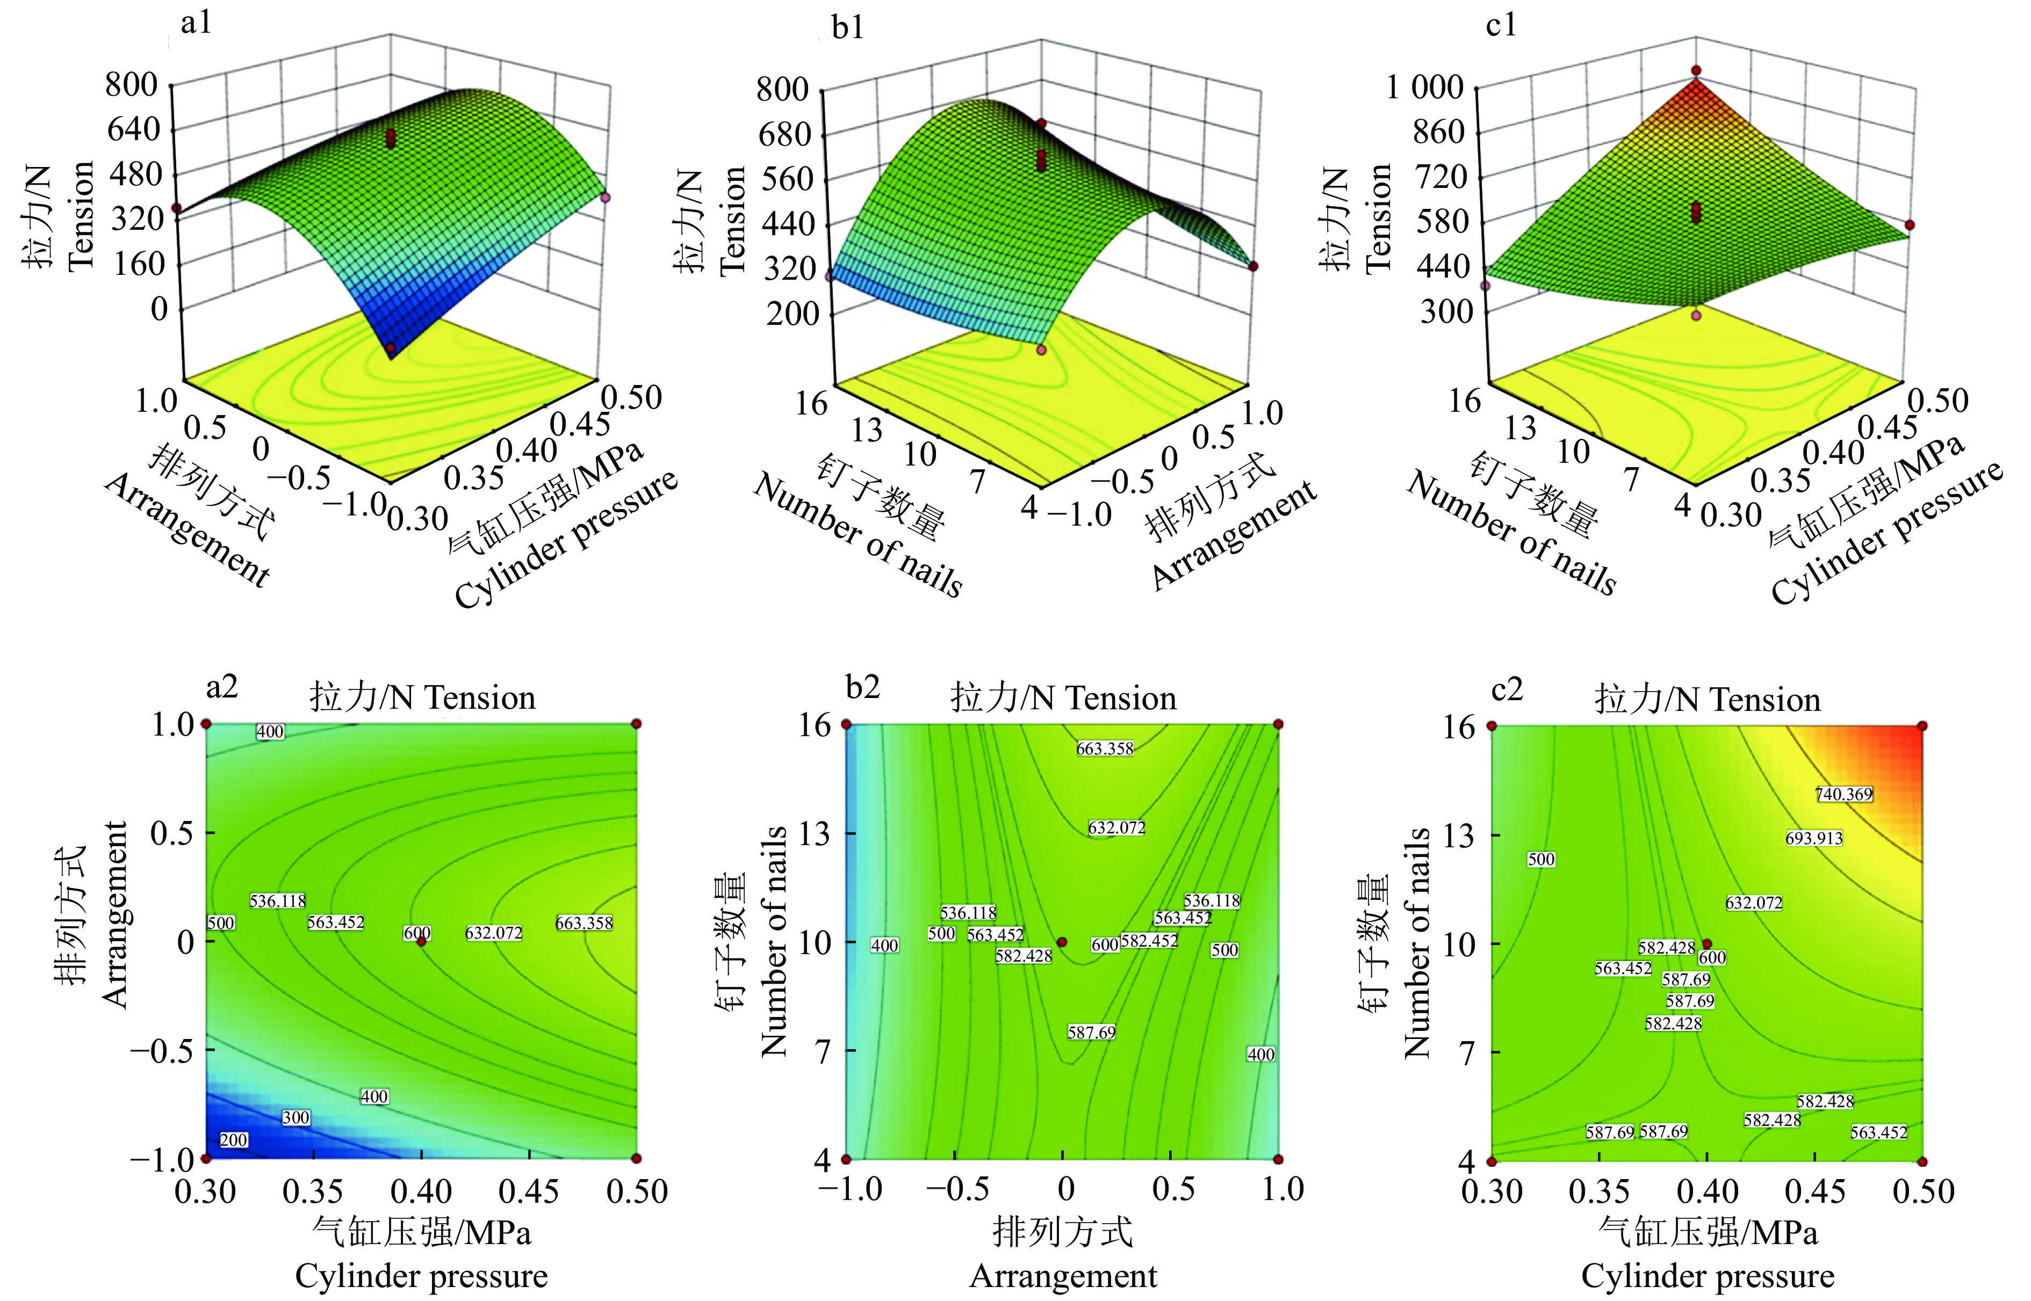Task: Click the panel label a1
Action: (x=196, y=23)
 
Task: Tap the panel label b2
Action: (x=863, y=688)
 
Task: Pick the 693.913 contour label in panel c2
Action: (x=1814, y=838)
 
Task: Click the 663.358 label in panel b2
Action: (x=1105, y=748)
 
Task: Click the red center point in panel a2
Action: (x=421, y=941)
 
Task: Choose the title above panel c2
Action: (x=1708, y=700)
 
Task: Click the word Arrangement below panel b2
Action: (x=1063, y=1276)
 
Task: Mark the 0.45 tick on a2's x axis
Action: (x=529, y=1191)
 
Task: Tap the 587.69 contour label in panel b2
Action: (x=1091, y=1033)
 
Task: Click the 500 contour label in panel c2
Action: (x=1541, y=859)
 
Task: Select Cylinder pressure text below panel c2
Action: (x=1708, y=1276)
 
